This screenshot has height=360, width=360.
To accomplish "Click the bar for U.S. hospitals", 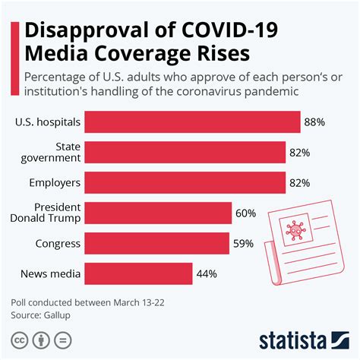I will pos(191,122).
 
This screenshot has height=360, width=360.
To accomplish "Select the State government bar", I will pos(185,152).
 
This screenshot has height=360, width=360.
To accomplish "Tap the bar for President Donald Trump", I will pos(157,213).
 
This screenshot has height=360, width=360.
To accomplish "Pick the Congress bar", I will pos(156,244).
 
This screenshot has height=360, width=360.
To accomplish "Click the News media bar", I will pos(137,273).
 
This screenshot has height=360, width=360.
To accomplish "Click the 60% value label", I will pos(246,213).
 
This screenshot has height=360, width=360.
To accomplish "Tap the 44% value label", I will pos(207,273).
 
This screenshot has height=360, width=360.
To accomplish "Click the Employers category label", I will pos(50,182).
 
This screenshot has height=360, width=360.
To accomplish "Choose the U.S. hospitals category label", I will pos(46,122).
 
